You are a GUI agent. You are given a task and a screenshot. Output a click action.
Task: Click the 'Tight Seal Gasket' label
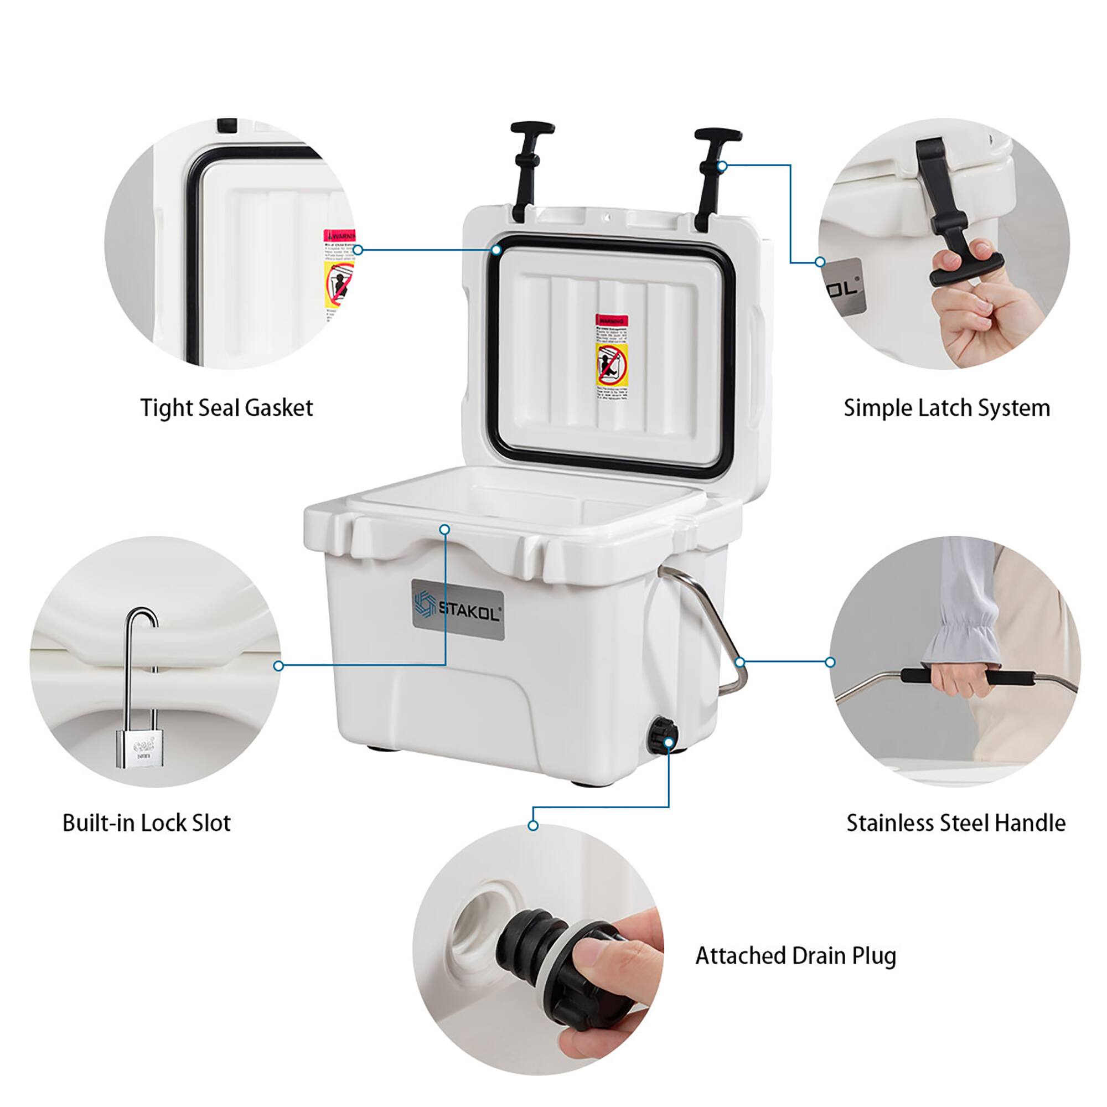pyautogui.click(x=227, y=408)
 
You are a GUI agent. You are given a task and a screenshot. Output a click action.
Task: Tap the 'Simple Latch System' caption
pyautogui.click(x=946, y=408)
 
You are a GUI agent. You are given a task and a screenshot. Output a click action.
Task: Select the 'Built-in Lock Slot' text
pyautogui.click(x=146, y=824)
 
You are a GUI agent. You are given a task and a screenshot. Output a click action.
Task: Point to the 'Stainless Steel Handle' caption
pyautogui.click(x=956, y=824)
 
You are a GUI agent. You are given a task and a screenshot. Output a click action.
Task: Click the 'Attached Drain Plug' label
pyautogui.click(x=795, y=956)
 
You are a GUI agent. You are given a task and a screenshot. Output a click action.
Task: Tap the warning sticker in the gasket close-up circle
pyautogui.click(x=339, y=275)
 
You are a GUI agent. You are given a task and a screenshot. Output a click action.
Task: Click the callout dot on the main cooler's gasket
pyautogui.click(x=496, y=250)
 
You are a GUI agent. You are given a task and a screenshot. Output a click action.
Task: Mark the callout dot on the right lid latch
pyautogui.click(x=722, y=166)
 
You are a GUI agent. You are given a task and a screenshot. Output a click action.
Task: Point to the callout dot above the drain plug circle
pyautogui.click(x=533, y=826)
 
